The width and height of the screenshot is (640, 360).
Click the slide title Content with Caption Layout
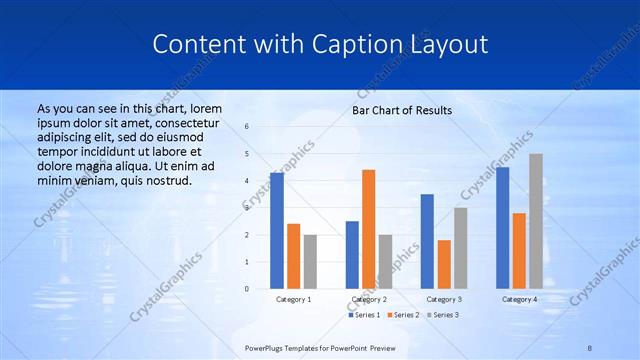(x=320, y=45)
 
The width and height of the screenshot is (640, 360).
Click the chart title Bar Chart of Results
(x=402, y=110)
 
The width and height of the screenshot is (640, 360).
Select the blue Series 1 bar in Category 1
(x=277, y=231)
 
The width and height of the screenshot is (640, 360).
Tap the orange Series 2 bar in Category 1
(x=293, y=256)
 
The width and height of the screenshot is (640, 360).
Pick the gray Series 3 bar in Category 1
(x=310, y=262)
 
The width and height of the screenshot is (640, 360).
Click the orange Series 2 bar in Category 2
(x=369, y=229)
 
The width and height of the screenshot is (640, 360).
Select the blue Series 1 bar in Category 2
(x=352, y=255)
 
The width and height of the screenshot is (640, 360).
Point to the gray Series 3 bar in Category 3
(x=461, y=248)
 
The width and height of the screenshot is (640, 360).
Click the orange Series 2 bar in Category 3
(x=444, y=264)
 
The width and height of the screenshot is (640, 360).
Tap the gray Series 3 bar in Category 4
(x=536, y=221)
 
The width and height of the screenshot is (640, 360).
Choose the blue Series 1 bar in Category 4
(x=502, y=228)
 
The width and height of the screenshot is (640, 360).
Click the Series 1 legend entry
(x=364, y=315)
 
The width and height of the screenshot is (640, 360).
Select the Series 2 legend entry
(x=402, y=315)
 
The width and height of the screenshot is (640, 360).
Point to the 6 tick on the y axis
(x=247, y=127)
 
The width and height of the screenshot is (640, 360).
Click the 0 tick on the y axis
(x=247, y=289)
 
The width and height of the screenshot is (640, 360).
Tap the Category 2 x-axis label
(x=369, y=299)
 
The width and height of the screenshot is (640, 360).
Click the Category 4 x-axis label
(x=519, y=299)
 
